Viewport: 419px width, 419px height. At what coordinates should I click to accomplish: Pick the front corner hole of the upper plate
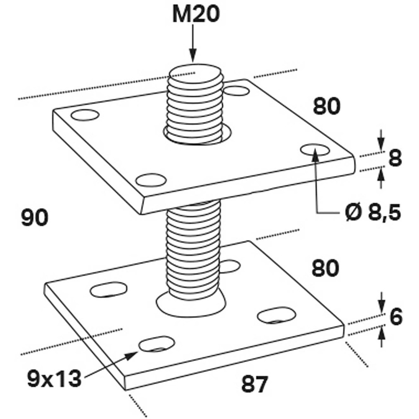150,180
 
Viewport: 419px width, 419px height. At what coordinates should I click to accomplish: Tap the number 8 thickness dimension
394,159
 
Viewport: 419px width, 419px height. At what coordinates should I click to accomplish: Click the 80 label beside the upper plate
327,107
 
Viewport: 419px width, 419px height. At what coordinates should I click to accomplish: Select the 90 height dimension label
35,218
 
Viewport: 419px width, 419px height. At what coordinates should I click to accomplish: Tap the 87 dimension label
254,384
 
